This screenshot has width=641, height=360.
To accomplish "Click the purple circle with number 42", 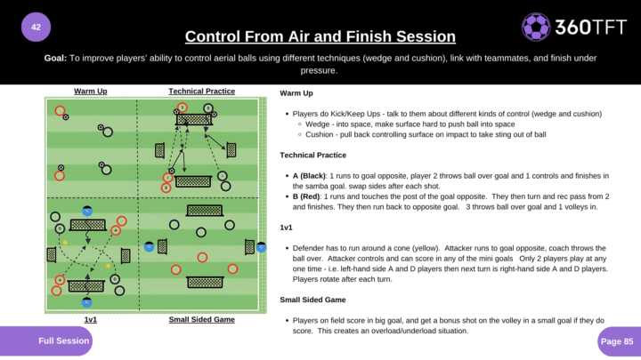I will [36, 27].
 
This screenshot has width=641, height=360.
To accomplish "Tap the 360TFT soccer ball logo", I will [536, 27].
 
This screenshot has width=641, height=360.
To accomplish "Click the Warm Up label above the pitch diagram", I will [91, 91].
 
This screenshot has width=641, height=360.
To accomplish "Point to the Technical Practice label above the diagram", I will [202, 91].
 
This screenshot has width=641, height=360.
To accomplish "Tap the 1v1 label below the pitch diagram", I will [91, 318].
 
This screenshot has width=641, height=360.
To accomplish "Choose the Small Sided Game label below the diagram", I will [202, 318].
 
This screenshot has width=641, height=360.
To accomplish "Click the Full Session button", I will [63, 340].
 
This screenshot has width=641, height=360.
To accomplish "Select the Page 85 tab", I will [616, 340].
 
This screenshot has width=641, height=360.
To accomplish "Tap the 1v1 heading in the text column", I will [286, 227].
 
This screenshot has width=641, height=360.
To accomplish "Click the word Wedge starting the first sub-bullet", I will [317, 124].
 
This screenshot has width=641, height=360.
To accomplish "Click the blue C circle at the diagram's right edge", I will [261, 247].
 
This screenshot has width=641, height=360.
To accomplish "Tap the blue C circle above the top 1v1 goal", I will [87, 211].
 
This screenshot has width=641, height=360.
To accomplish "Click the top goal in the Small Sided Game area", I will [205, 211].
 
